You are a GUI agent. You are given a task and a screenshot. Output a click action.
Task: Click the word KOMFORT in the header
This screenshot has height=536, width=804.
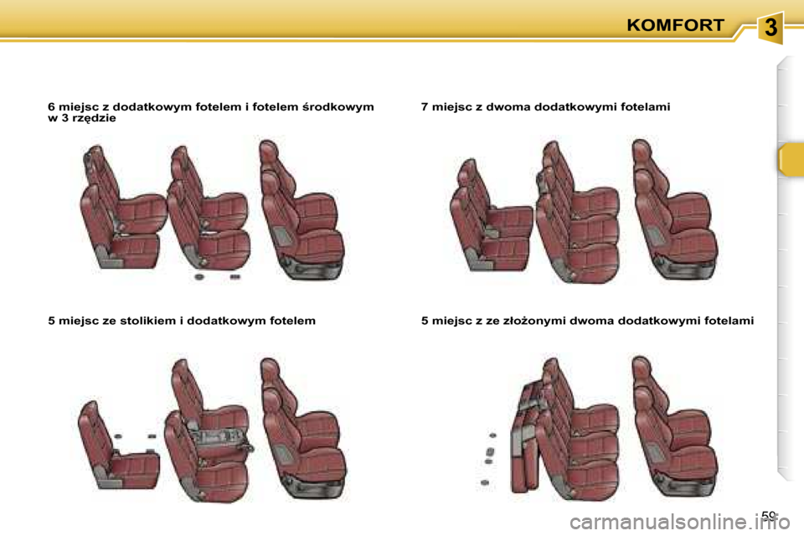point(675,25)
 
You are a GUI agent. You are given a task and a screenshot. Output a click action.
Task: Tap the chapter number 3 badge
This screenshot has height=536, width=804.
point(770,28)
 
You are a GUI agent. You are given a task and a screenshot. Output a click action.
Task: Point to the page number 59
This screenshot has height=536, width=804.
point(769,517)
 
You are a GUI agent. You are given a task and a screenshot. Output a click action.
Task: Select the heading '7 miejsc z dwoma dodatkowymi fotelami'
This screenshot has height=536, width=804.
point(545,107)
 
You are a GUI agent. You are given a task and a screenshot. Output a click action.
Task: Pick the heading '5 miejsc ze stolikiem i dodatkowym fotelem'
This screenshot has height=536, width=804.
point(182,321)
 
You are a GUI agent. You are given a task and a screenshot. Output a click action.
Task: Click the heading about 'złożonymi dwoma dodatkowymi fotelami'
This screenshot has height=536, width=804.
point(587,321)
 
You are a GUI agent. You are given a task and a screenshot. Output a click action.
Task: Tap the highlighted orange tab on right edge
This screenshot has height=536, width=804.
point(790,159)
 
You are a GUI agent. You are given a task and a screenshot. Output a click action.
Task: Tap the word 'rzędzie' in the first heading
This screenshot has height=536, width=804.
point(95,118)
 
